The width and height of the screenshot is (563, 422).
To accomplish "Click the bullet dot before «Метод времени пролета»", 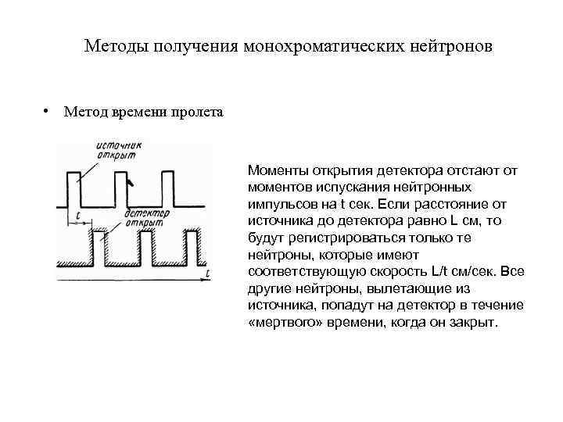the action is (48, 110).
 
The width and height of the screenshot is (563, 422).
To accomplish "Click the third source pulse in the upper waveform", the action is (167, 188).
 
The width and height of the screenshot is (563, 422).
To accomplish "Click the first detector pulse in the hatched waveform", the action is (99, 246).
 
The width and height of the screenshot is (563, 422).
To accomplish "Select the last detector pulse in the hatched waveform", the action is (190, 246).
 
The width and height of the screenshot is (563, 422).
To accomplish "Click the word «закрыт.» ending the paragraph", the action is (475, 323).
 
